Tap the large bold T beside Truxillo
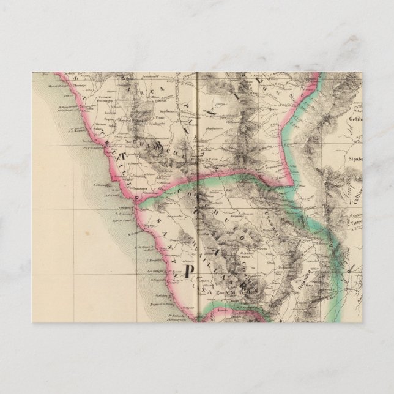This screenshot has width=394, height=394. click(122, 157)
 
